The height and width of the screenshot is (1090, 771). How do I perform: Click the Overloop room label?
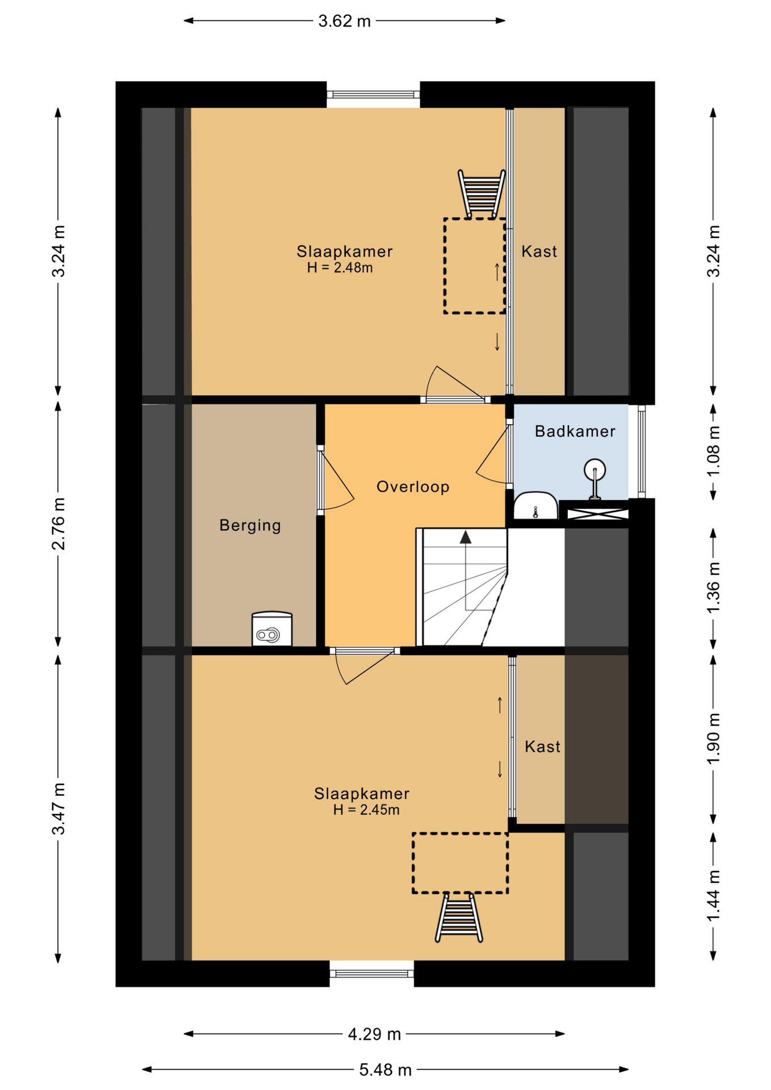(413, 487)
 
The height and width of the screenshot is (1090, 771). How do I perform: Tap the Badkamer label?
(575, 431)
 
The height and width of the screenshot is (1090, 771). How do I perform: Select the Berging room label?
(250, 526)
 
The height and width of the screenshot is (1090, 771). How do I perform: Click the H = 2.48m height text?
(340, 268)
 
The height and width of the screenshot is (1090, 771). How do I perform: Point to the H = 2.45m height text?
(366, 810)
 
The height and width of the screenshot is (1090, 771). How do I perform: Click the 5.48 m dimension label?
(385, 1070)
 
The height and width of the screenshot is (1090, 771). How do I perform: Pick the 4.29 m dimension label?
(374, 1034)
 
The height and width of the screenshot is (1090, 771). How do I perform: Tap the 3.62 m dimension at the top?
(344, 21)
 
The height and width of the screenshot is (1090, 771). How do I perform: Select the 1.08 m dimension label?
(714, 452)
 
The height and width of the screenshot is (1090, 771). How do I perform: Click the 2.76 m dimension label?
(58, 524)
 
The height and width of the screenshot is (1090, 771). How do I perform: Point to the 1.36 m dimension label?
(714, 588)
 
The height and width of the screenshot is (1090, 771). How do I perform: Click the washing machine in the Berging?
(272, 629)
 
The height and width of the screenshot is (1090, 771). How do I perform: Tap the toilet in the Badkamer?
(535, 505)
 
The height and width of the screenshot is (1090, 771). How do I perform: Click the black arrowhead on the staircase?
(466, 537)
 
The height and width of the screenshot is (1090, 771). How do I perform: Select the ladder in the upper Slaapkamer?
(481, 194)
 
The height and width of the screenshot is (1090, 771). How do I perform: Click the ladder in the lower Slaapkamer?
(459, 917)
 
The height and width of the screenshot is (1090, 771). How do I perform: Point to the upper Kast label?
(539, 251)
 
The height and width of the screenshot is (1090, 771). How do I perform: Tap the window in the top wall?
(373, 95)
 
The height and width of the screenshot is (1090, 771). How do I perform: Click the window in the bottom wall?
(372, 974)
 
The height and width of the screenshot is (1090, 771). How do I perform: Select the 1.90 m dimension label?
(714, 739)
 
